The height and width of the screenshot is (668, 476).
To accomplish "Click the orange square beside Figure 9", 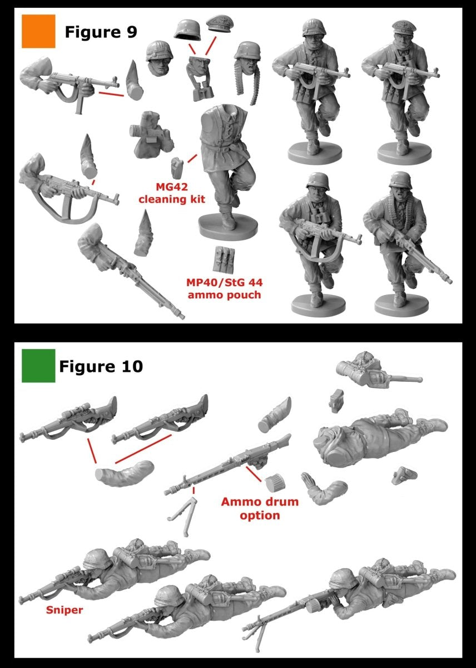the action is tap(38, 31).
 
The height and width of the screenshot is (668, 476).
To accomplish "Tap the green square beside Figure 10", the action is tap(38, 366).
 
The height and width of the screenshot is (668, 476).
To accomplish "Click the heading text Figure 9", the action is tap(101, 32).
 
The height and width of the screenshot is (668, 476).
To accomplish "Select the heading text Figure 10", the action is tap(101, 366).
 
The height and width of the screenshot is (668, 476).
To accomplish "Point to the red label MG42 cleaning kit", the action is tap(172, 193).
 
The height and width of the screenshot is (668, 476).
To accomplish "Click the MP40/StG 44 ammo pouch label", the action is tap(224, 288).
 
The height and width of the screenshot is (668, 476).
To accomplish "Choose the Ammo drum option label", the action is tap(260, 508).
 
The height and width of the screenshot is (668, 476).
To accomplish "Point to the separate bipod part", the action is tap(182, 517).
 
